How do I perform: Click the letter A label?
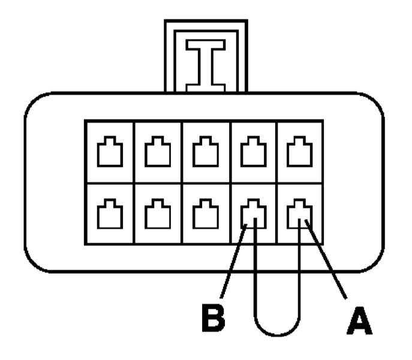[x=359, y=321]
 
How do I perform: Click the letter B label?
[x=213, y=317]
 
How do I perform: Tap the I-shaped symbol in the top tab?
[x=206, y=66]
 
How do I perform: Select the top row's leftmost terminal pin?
[x=110, y=151]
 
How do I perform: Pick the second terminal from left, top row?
[x=158, y=151]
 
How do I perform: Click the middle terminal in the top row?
[x=206, y=151]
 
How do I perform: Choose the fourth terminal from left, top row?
[x=254, y=151]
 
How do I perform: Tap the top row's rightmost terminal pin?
[x=299, y=151]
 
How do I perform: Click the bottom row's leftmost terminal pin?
[x=110, y=214]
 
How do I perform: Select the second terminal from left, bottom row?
[x=158, y=214]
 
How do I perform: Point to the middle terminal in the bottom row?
[x=206, y=214]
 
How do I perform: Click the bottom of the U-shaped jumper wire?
[x=278, y=335]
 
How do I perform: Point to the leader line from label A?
[x=326, y=260]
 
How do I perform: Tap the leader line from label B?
[x=234, y=261]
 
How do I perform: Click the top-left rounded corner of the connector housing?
[x=33, y=101]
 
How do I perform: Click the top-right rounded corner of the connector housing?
[x=376, y=101]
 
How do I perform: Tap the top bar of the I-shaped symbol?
[x=206, y=45]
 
